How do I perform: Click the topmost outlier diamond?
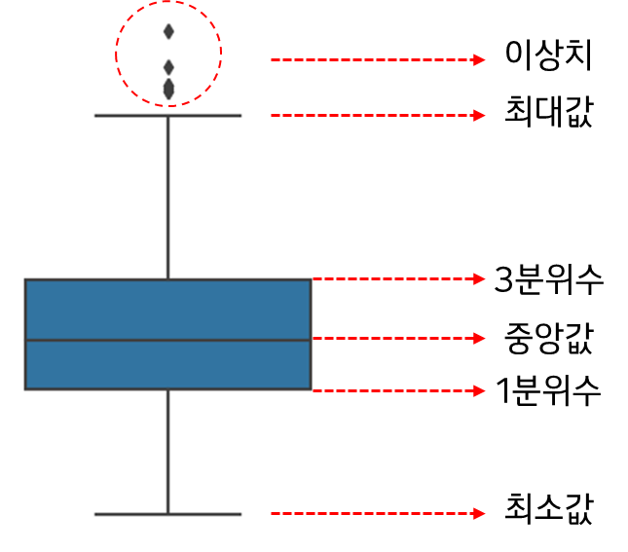tap(168, 31)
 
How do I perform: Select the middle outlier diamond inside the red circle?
tap(168, 67)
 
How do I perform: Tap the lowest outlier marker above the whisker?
tap(168, 91)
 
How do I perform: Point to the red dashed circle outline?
tap(117, 54)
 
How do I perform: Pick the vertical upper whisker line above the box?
tap(168, 195)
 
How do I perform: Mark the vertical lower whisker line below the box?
tap(168, 453)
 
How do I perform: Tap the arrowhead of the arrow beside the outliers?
tap(479, 60)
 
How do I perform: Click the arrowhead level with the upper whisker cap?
tap(479, 116)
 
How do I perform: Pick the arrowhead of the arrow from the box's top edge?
tap(479, 279)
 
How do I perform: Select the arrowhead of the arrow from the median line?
tap(479, 339)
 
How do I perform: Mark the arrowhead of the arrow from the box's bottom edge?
tap(479, 391)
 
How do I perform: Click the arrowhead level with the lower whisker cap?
tap(479, 514)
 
